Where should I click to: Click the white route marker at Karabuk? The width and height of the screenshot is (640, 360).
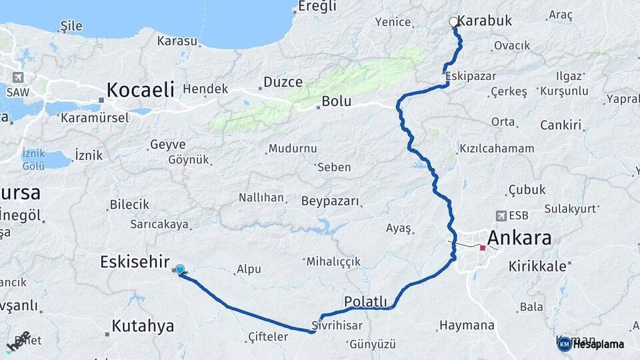[454, 22]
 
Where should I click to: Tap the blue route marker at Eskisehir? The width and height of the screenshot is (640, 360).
[180, 269]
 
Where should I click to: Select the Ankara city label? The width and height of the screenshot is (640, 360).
[519, 237]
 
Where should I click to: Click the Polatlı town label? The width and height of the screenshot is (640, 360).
[365, 302]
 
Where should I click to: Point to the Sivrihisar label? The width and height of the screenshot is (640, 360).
[337, 326]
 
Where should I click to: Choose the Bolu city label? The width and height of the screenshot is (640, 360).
[337, 101]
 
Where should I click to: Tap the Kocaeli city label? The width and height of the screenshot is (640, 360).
[141, 89]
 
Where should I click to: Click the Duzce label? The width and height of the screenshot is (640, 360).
[283, 82]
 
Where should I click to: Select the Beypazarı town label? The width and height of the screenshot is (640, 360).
[330, 201]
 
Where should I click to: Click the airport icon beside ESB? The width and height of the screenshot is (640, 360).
[501, 215]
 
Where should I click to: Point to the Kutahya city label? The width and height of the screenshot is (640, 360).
[143, 326]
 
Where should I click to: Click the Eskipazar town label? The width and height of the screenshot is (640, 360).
[470, 74]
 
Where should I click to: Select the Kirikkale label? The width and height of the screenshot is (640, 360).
[537, 266]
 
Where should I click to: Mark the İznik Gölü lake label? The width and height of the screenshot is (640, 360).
[33, 158]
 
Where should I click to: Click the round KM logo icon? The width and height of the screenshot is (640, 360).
[564, 344]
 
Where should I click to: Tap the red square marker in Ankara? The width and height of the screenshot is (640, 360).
[482, 248]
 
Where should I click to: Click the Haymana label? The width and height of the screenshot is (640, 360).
[467, 326]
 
